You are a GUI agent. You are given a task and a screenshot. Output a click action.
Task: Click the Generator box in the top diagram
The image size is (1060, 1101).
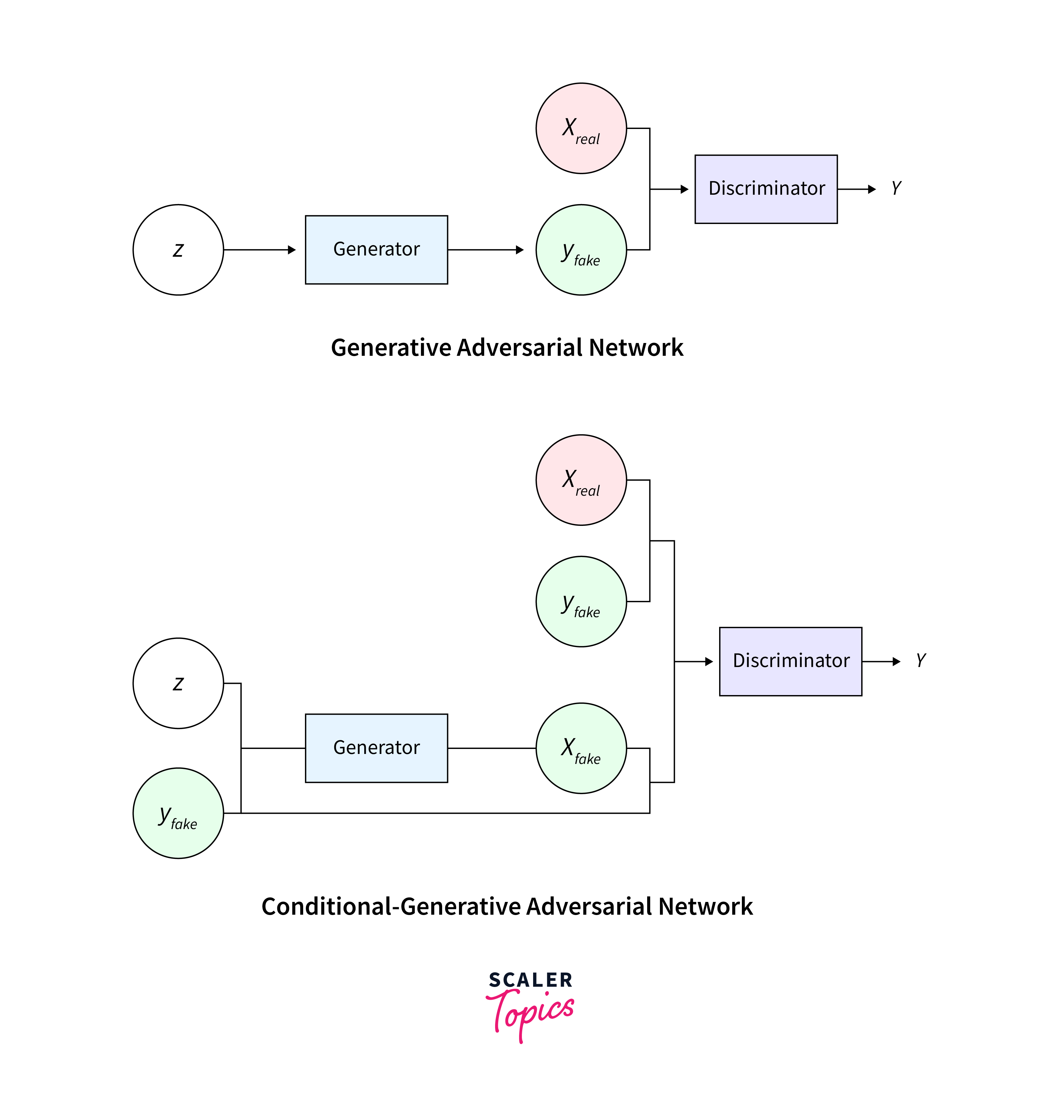pos(376,250)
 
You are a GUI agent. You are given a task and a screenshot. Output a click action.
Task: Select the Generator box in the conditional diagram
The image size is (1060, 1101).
pos(376,748)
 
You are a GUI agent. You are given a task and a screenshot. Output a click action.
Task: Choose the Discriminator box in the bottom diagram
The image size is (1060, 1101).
pos(790,661)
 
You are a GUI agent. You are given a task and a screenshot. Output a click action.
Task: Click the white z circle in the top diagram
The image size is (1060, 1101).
pos(178,250)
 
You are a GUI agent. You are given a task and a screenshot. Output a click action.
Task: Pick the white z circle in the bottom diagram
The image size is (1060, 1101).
pos(178,683)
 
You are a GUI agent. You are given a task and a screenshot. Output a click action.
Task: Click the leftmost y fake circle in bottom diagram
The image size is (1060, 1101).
pos(178,813)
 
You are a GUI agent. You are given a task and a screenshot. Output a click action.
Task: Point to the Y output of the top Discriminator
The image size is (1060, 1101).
pos(896,188)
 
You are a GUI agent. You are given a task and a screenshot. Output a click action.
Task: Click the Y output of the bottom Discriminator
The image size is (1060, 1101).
pos(921,660)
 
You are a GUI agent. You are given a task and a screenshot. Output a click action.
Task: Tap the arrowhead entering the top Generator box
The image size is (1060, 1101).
pos(292,250)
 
